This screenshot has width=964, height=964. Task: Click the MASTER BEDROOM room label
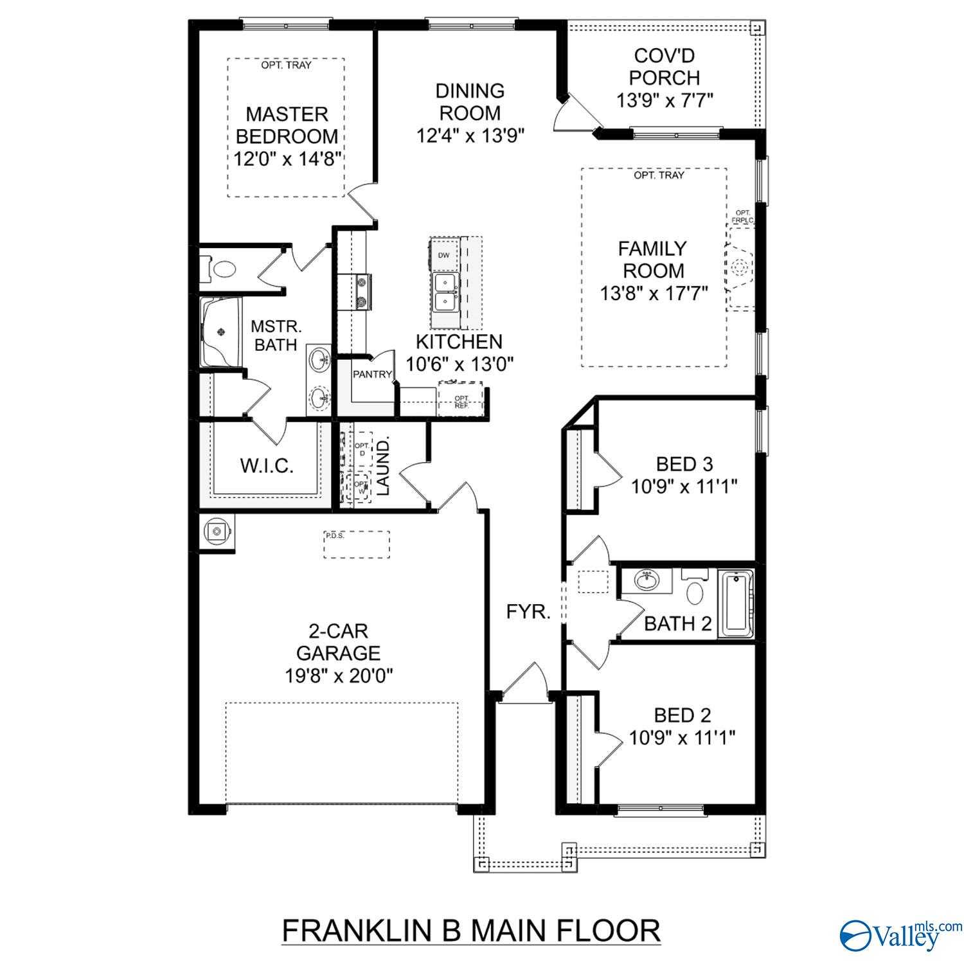(287, 125)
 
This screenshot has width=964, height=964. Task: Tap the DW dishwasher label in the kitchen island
(443, 255)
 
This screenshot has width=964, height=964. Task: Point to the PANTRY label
(372, 375)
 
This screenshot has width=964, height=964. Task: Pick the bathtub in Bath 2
(736, 603)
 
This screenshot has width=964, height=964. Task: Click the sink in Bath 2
(646, 580)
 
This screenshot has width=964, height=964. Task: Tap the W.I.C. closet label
(267, 466)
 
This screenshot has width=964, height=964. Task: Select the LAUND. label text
(384, 467)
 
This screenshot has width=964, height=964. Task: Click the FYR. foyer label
(528, 612)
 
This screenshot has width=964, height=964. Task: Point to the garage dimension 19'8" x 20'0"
(339, 675)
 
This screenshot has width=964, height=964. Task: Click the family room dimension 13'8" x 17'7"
(654, 294)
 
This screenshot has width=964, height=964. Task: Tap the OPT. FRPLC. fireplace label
(742, 217)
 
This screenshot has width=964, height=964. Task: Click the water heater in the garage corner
(217, 532)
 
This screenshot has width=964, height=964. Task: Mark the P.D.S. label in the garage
(335, 535)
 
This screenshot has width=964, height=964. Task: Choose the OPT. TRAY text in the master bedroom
(286, 65)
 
